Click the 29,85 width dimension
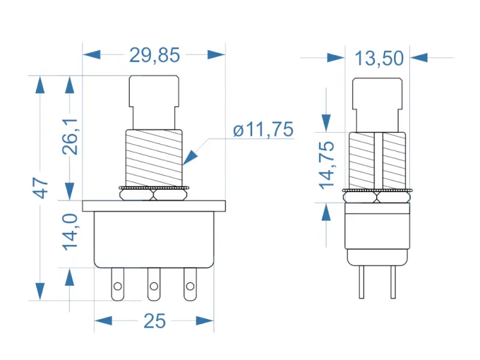tap(154, 55)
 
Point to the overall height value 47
tap(40, 187)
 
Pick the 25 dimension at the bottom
tap(154, 322)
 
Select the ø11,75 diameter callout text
tap(263, 130)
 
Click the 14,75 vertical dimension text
tap(326, 165)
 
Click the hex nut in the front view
tap(154, 194)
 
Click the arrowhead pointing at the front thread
tap(190, 157)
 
